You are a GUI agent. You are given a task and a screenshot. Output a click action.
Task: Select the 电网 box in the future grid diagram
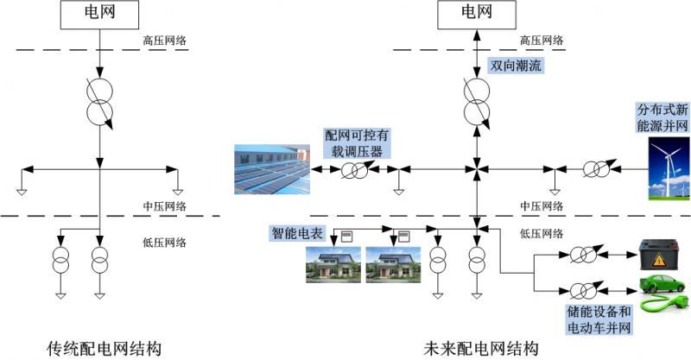coord(475,14)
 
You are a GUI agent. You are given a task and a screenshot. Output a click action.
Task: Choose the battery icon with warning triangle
coord(661,255)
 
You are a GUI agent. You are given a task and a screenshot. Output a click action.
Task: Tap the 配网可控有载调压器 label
coord(355,142)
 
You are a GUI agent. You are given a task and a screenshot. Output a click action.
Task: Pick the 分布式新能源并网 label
coord(662,118)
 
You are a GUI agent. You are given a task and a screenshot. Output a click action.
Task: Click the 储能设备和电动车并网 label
coord(599,319)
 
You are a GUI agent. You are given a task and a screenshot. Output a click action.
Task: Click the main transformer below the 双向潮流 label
coord(475,101)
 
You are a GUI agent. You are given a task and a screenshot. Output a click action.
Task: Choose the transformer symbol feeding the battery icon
coord(581,255)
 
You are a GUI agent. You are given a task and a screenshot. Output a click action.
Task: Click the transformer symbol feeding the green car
coord(581,291)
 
